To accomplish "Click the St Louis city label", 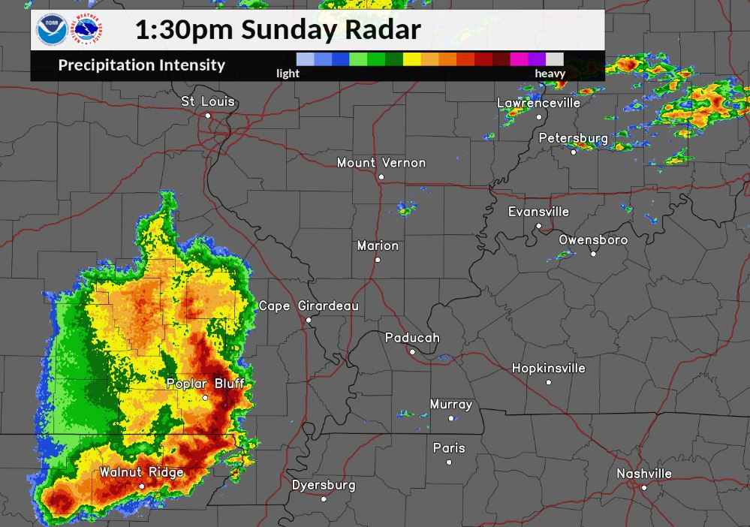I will (208, 101).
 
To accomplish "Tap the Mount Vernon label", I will (381, 163).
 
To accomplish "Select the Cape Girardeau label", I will (309, 306).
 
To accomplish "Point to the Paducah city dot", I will (411, 351).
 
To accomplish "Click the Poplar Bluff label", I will (205, 384).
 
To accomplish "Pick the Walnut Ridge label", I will (141, 473).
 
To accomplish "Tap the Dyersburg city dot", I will (324, 498).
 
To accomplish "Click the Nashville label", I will (643, 474).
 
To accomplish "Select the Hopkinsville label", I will (548, 369).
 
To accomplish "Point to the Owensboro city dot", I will (593, 254).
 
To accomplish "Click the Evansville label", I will (538, 212).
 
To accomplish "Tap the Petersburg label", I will (573, 139).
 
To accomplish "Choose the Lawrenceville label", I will (538, 103).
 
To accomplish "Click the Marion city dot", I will (378, 260).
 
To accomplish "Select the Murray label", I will (450, 405).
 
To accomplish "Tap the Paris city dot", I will (449, 462).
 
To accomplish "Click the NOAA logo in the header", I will (52, 31).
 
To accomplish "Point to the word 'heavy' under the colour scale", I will (550, 74).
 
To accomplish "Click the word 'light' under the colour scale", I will (288, 74).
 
